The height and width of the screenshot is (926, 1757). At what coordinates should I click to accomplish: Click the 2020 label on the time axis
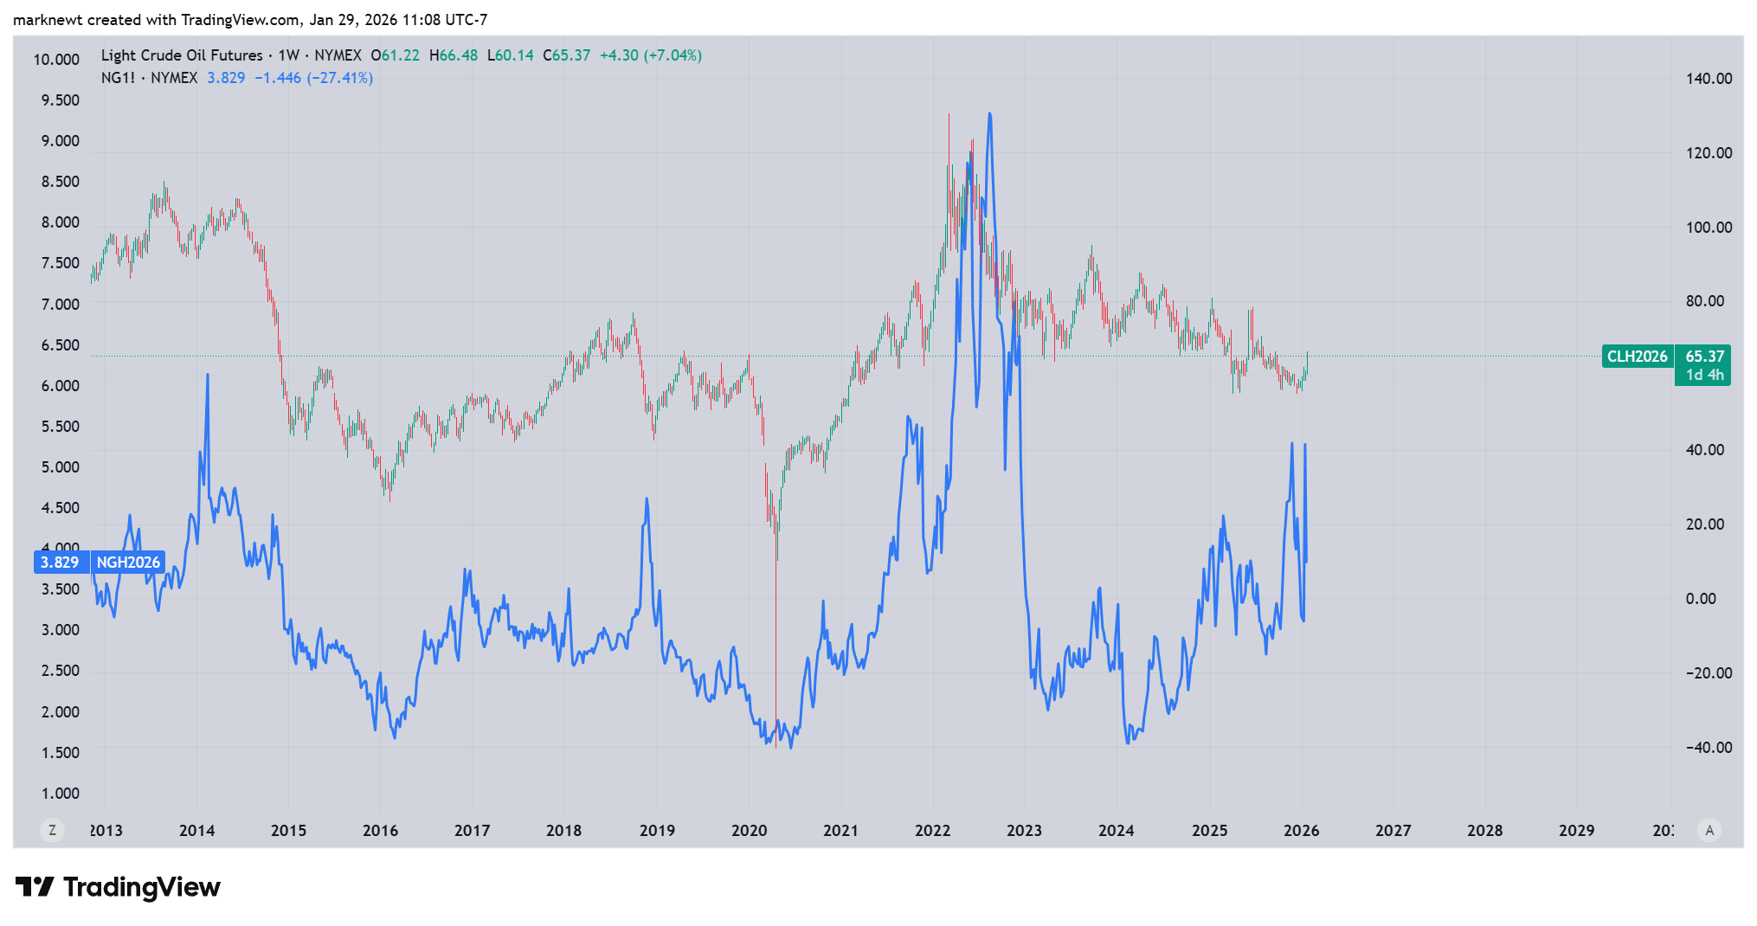click(749, 831)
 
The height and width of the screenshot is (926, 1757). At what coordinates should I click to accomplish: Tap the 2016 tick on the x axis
click(380, 831)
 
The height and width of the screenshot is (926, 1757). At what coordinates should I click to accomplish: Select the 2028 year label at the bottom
click(1484, 831)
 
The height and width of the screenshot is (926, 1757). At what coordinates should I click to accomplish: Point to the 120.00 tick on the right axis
click(1709, 153)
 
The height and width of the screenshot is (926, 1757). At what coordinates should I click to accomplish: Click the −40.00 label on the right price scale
click(1709, 748)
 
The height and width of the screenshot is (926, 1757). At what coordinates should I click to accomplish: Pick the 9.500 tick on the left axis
click(61, 100)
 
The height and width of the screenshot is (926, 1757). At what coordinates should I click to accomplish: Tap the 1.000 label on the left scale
click(61, 794)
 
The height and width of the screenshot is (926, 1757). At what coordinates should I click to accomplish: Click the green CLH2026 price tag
click(1637, 357)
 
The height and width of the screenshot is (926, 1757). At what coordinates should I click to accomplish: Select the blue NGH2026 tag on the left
click(128, 563)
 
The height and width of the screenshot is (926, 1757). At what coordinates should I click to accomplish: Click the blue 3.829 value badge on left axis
click(60, 563)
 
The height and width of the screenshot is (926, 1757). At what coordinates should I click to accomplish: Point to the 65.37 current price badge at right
click(1704, 357)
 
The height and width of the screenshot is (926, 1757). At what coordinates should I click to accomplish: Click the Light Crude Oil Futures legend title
click(182, 55)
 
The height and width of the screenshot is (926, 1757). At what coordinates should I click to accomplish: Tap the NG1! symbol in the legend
click(118, 78)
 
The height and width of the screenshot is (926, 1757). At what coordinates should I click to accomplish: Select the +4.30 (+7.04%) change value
click(650, 55)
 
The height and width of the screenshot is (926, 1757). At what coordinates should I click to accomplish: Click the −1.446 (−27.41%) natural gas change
click(313, 78)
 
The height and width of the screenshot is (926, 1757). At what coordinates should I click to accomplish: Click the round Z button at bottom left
click(53, 831)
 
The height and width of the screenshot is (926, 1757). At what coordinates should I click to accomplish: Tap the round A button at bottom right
click(1709, 831)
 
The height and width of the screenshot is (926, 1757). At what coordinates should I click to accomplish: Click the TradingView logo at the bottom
click(119, 887)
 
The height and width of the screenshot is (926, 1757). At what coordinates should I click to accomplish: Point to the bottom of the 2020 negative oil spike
click(776, 746)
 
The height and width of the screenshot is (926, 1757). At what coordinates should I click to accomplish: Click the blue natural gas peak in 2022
click(989, 114)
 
